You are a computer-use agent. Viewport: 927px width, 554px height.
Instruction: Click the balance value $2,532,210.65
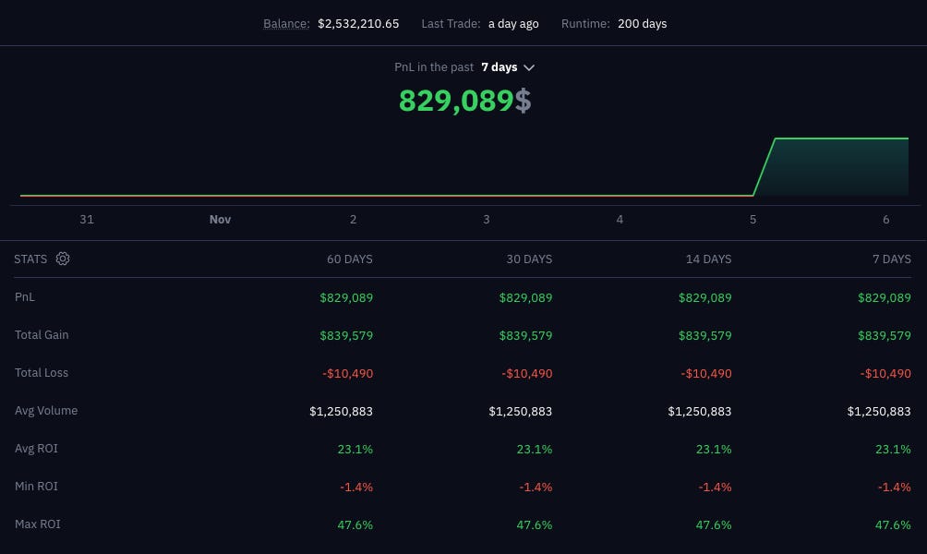pos(358,24)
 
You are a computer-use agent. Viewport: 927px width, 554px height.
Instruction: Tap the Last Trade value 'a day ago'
pos(513,24)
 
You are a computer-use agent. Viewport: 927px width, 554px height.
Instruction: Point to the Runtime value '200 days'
pos(642,24)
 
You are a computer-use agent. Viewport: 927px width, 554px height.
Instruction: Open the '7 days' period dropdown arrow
pos(529,67)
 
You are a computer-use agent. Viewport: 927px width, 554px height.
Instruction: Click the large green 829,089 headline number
pos(455,101)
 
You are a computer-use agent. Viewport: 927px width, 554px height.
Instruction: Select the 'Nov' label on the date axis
pos(220,220)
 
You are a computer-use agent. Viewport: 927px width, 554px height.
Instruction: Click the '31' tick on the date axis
pos(87,220)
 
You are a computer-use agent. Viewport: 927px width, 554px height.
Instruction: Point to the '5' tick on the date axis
pos(753,220)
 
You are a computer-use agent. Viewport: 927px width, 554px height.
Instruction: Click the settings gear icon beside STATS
pos(63,259)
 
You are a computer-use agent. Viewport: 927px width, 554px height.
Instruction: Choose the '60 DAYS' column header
pos(350,259)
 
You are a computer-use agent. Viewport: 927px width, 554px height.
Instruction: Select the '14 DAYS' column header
pos(708,259)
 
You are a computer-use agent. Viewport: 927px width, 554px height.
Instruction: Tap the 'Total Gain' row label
pos(42,335)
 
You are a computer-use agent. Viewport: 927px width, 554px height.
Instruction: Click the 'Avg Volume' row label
pos(46,411)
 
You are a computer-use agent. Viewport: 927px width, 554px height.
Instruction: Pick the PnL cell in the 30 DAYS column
pos(525,297)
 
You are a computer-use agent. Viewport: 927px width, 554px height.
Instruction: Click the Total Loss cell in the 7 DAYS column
pos(885,373)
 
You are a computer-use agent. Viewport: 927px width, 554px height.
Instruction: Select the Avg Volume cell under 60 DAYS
pos(341,411)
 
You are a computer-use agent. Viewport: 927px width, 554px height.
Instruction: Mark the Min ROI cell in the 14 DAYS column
pos(715,487)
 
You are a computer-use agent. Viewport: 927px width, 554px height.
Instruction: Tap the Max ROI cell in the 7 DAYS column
pos(893,524)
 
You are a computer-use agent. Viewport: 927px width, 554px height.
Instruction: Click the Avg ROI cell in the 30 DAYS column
pos(535,449)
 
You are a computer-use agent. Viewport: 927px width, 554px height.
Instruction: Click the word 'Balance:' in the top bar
pos(286,24)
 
